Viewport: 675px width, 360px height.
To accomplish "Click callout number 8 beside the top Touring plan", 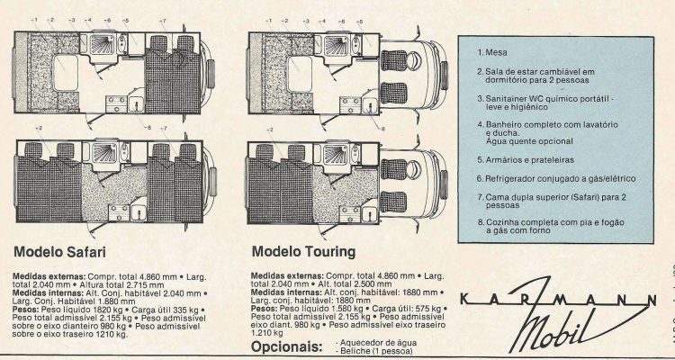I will click(x=382, y=129).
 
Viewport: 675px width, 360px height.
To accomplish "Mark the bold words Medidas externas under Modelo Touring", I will click(x=287, y=274).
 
